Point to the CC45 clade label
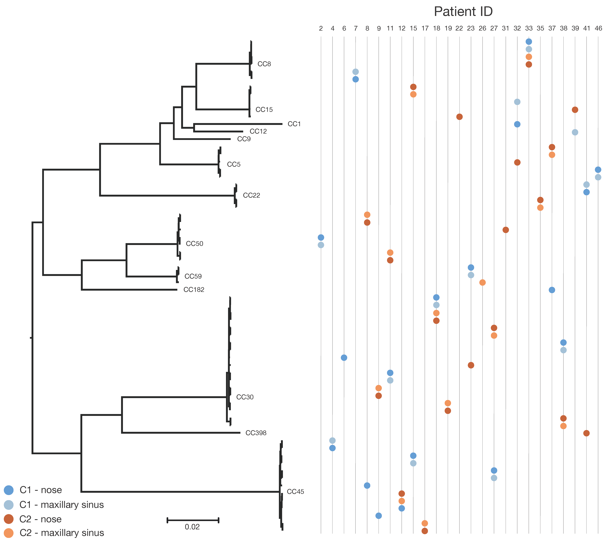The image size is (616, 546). (295, 492)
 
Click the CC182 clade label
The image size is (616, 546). (194, 290)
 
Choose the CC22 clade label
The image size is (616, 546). (251, 195)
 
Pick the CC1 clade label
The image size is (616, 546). (294, 124)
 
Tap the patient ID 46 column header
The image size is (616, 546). (598, 28)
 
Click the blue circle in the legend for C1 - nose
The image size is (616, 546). (9, 490)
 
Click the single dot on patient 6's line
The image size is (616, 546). (344, 358)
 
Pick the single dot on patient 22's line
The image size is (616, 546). (459, 117)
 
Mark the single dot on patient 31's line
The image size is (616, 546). (506, 230)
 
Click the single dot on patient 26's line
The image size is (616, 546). (482, 283)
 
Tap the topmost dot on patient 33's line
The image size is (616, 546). (529, 42)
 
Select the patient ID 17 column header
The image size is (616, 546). (425, 28)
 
